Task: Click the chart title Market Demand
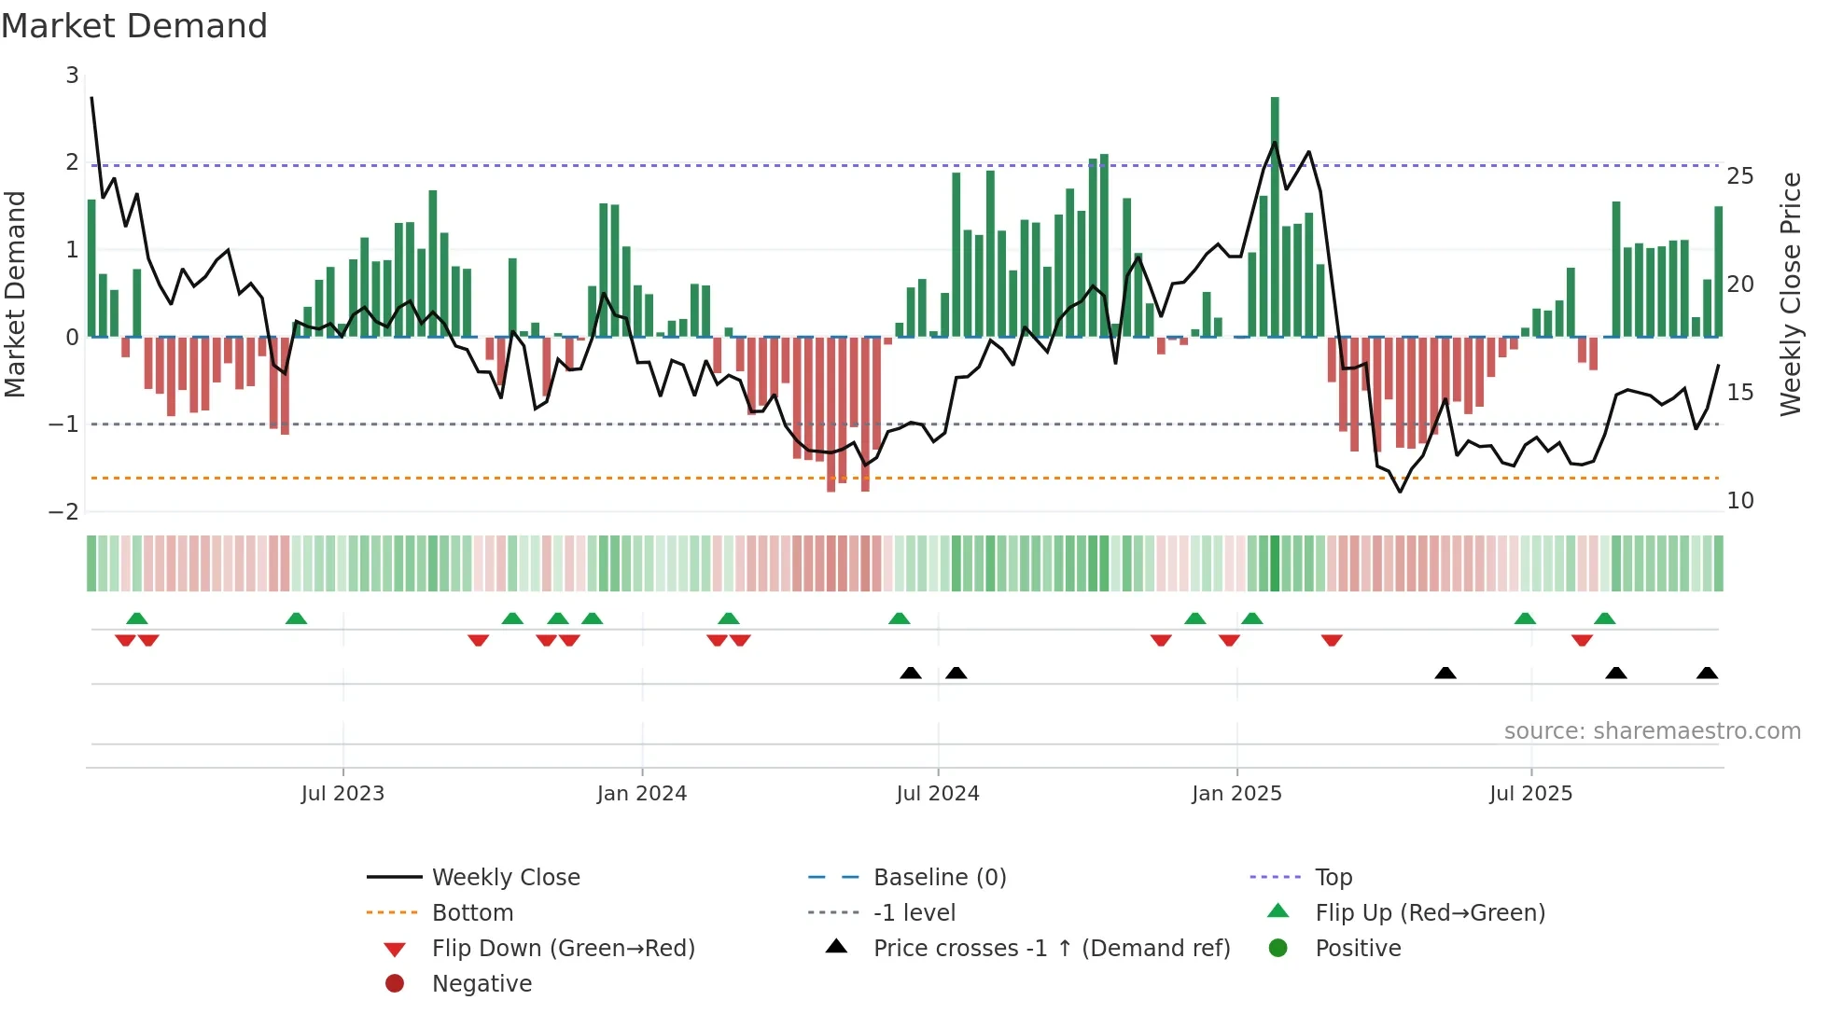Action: pos(134,26)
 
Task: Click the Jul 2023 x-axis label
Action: pos(342,794)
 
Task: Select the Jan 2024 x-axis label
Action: pos(642,794)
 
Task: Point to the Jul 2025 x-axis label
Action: pos(1530,794)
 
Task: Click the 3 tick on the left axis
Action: pos(72,76)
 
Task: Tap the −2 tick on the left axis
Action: pos(64,512)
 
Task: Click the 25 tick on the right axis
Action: pos(1739,176)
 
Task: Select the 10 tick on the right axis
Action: pos(1739,501)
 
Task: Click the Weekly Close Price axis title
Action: pos(1790,294)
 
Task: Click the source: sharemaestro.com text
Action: pos(1652,731)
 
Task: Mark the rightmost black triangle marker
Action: pos(1707,673)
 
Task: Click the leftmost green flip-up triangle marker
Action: pos(137,618)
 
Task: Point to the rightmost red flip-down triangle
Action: pos(1582,640)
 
